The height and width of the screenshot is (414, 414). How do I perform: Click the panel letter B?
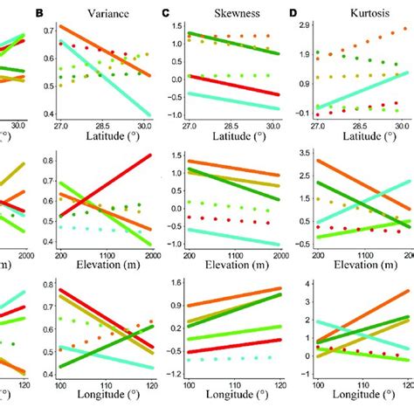[39, 13]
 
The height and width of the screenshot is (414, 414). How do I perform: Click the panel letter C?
[166, 13]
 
